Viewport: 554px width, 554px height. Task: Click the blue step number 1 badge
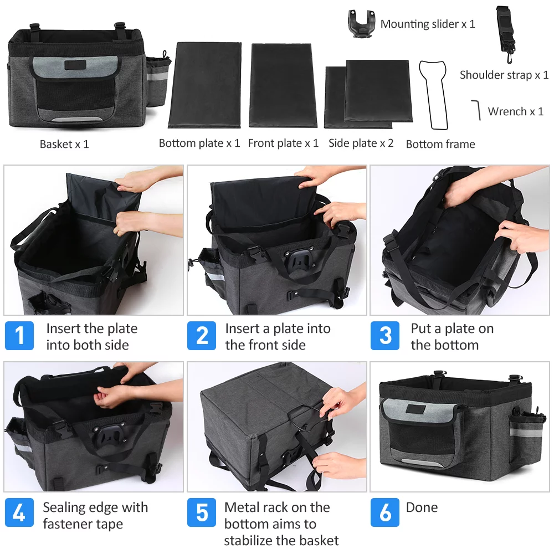tap(19, 336)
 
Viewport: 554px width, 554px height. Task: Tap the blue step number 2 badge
tap(202, 336)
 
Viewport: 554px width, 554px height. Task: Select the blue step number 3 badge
tap(385, 336)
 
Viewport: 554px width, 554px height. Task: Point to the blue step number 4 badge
tap(19, 513)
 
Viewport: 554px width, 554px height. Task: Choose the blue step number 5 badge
tap(202, 513)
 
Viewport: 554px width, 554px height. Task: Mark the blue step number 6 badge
tap(385, 513)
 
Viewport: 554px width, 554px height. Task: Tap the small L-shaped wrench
tap(476, 109)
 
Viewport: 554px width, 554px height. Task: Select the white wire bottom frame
tap(435, 94)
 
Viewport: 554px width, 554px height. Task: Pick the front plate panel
tap(283, 85)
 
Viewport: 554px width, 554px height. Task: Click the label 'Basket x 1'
tap(64, 144)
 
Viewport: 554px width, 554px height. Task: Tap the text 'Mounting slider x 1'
tap(428, 24)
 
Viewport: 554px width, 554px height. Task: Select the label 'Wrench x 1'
tap(515, 111)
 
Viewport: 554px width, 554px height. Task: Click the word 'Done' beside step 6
tap(422, 507)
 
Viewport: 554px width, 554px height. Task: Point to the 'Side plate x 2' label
tap(361, 143)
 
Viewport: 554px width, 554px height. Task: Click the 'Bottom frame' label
tap(440, 144)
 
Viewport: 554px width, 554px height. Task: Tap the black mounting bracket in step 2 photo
tap(293, 259)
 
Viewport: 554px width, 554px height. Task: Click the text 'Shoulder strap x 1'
tap(504, 75)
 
